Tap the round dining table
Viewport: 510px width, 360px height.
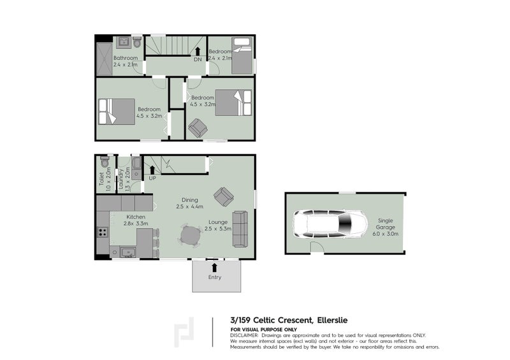tap(191, 235)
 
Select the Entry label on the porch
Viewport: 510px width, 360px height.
tap(215, 277)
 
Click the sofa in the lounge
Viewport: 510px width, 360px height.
tap(240, 228)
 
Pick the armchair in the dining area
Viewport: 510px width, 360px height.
tap(223, 196)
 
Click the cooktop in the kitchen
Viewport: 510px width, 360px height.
tap(101, 232)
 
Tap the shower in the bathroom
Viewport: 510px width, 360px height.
tap(104, 55)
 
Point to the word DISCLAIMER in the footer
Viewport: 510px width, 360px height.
tap(244, 335)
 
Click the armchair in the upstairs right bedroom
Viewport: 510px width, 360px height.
tap(198, 127)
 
